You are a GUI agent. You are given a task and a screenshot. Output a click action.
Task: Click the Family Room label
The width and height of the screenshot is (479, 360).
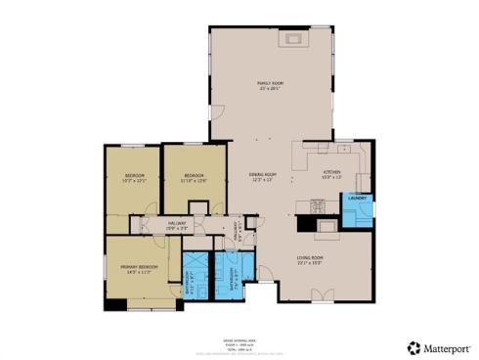[x=269, y=87]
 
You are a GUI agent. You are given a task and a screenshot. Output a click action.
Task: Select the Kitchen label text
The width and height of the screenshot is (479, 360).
[x=332, y=174]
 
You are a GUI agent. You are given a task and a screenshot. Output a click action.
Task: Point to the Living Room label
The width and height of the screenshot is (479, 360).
[x=310, y=261]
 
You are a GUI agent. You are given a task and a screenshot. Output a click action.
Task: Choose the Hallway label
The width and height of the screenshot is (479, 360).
[x=176, y=225]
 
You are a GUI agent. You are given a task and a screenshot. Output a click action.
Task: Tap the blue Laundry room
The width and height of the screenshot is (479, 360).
[x=357, y=211]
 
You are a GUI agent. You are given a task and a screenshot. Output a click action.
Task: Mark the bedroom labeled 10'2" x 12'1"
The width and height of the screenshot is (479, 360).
[x=134, y=178]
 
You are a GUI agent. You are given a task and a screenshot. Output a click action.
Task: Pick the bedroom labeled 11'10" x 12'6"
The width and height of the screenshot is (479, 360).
[x=194, y=178]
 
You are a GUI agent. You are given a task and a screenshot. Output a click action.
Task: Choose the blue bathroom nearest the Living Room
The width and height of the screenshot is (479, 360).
[x=235, y=277]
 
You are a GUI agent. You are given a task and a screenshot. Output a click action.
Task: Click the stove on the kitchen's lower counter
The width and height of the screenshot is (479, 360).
[x=317, y=204]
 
